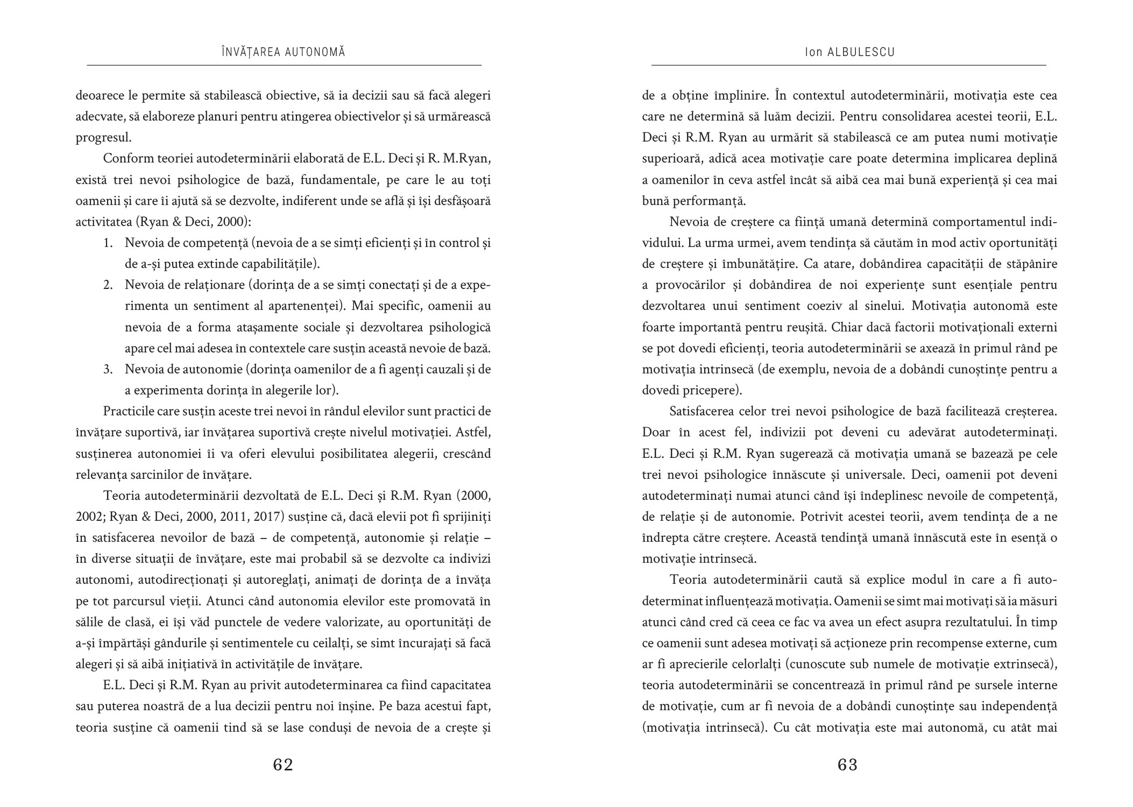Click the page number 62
point(283,764)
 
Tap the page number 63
point(848,764)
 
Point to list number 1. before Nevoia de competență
point(108,243)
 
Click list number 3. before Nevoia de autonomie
point(108,370)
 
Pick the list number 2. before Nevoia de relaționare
point(108,285)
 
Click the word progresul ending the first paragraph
point(102,138)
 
